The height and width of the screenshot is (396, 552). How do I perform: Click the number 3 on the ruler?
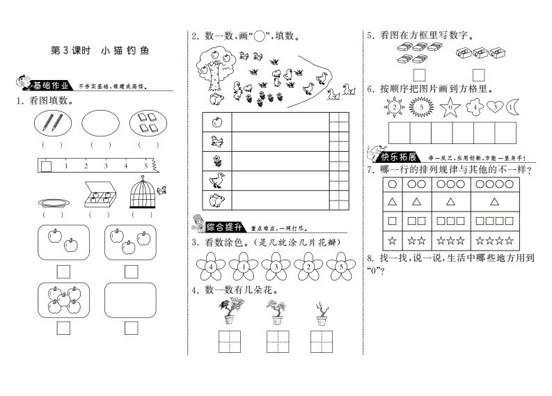tap(106, 166)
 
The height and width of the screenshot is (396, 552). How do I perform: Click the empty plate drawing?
tap(53, 203)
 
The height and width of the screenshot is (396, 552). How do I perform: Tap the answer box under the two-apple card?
tap(63, 271)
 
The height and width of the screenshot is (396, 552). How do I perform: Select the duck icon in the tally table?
tap(216, 181)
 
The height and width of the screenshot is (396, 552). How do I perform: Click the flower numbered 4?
tap(210, 265)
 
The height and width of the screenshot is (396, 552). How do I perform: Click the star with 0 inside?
tap(450, 107)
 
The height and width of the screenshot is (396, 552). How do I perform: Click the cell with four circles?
tap(496, 185)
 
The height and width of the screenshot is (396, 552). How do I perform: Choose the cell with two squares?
tap(416, 222)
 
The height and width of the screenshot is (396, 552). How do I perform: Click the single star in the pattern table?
tap(393, 241)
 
